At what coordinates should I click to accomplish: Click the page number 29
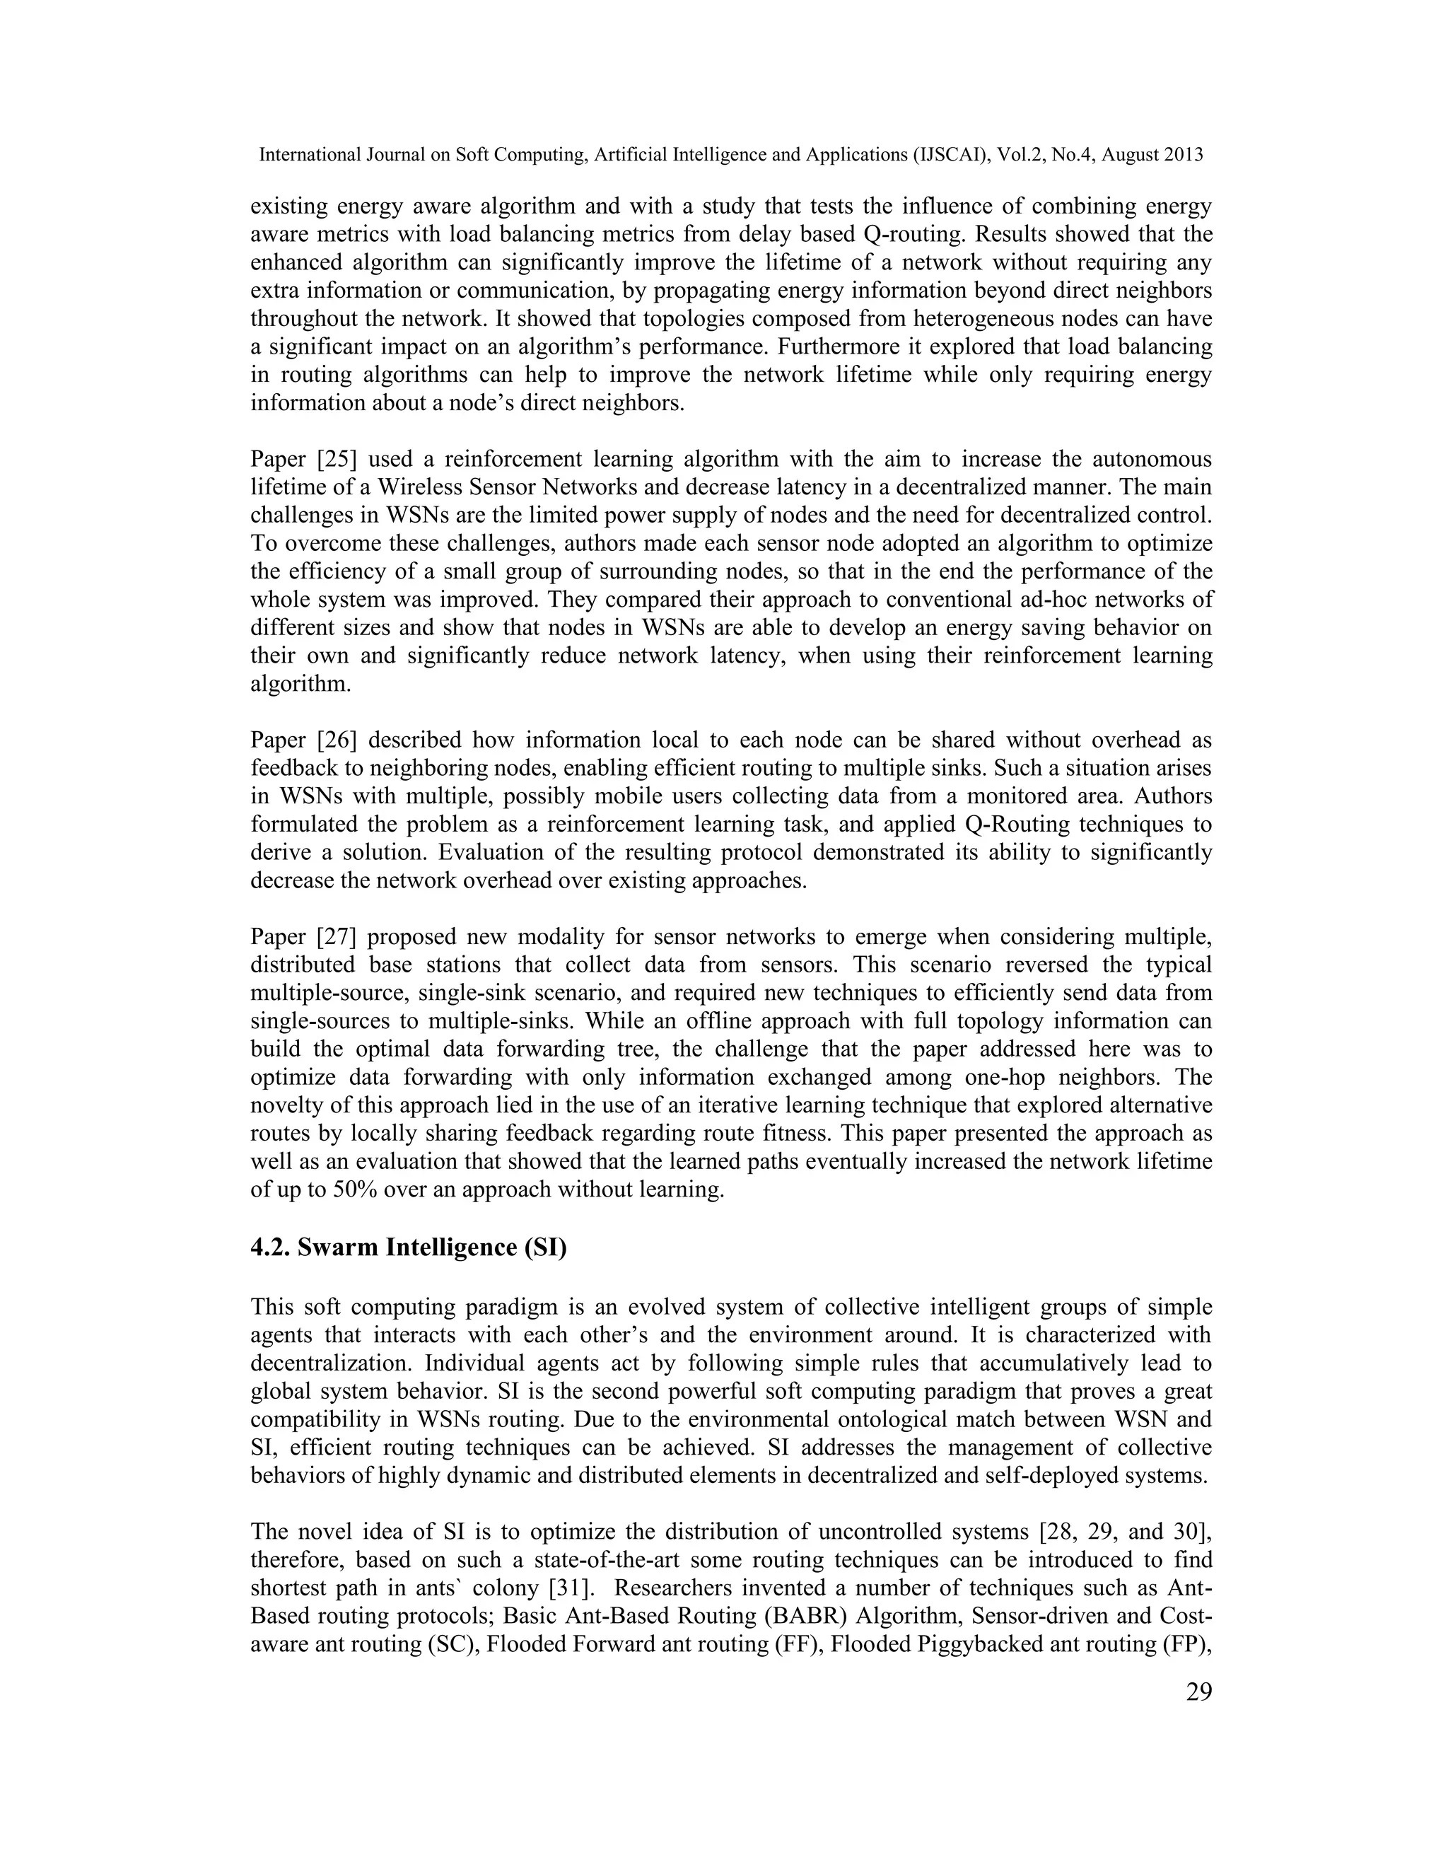pos(1198,1693)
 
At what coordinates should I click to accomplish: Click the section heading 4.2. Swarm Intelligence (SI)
pos(409,1247)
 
